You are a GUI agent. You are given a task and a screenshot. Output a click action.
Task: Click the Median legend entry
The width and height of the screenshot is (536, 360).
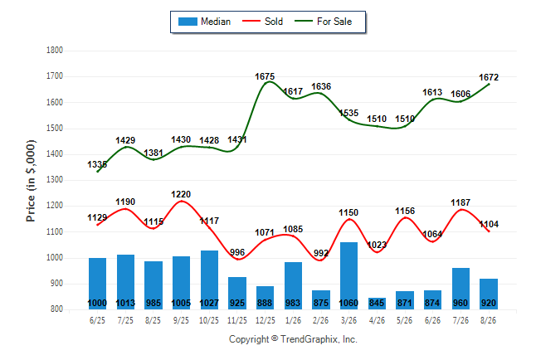[204, 22]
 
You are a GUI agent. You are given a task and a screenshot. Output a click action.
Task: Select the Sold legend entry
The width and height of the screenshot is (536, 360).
[262, 22]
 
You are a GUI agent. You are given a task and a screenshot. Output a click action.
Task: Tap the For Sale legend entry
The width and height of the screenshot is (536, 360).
[323, 22]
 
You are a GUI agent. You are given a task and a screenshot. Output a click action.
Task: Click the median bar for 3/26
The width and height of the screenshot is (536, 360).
[348, 276]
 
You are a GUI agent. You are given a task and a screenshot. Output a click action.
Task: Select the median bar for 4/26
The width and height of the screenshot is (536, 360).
[377, 304]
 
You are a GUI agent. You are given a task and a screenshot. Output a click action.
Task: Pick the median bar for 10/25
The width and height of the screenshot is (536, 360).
[209, 280]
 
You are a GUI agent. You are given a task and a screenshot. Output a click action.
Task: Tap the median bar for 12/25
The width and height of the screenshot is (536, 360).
[265, 298]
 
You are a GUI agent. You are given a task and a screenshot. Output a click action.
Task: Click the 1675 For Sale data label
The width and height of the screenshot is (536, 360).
[265, 76]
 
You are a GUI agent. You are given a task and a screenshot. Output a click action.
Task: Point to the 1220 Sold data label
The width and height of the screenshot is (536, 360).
[181, 194]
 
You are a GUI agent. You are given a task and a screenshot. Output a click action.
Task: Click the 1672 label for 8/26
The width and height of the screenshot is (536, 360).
[489, 77]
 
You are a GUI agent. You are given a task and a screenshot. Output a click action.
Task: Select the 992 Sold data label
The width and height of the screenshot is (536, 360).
[321, 253]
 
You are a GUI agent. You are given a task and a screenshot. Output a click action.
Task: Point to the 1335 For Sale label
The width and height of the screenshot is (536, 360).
[97, 164]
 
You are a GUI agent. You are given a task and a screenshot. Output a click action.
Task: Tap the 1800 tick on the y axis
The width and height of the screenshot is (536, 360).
[55, 51]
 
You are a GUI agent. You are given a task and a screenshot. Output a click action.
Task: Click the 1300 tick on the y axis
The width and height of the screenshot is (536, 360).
[55, 180]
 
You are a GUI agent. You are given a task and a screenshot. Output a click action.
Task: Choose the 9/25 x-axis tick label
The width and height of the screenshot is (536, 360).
[181, 320]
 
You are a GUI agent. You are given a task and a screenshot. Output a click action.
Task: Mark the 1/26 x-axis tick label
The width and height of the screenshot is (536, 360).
[293, 320]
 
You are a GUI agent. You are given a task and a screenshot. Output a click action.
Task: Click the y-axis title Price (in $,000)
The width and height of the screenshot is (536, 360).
[31, 181]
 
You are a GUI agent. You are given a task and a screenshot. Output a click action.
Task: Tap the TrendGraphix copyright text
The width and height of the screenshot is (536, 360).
[293, 339]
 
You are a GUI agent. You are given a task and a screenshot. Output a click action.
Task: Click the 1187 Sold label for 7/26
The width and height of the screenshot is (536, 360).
[460, 202]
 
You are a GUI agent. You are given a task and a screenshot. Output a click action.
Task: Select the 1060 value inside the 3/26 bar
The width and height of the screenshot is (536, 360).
[348, 303]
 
